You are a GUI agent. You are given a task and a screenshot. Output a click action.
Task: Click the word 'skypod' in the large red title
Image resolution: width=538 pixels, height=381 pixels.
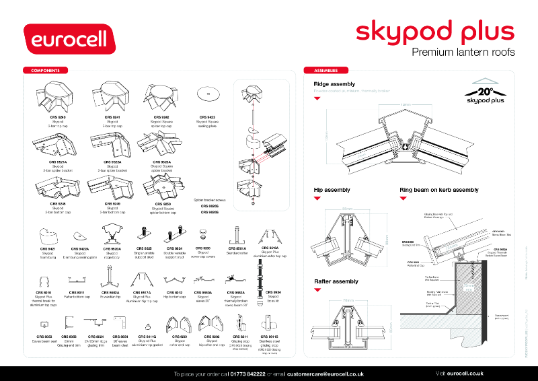[x=395, y=31]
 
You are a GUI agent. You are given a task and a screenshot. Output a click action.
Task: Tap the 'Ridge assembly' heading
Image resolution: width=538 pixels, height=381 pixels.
[x=334, y=84]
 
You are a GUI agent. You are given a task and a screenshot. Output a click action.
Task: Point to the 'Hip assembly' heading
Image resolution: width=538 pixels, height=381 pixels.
[x=332, y=190]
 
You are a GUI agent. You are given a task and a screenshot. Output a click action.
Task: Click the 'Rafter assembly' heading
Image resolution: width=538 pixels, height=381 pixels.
[x=336, y=281]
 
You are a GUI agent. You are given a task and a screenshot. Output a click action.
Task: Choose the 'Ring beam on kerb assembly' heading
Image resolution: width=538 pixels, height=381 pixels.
[x=438, y=190]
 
